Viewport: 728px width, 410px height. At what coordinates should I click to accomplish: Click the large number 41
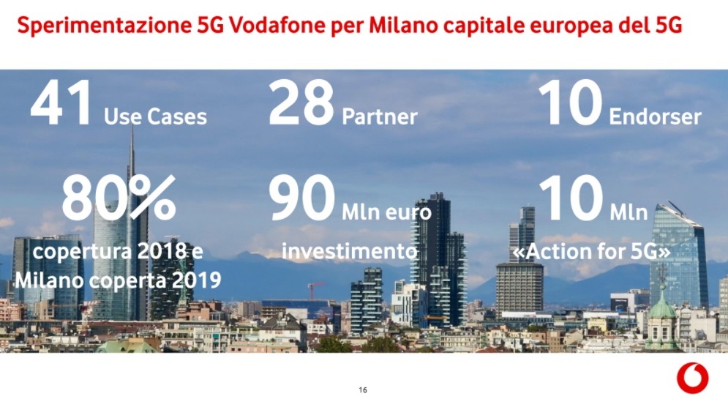(61, 102)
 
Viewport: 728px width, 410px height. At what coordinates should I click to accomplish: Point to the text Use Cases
(156, 116)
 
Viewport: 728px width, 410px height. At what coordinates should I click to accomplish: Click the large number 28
(301, 102)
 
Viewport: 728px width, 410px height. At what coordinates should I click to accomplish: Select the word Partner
(379, 117)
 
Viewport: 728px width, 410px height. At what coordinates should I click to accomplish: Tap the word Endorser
(655, 116)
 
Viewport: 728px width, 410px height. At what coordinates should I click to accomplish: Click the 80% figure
(119, 198)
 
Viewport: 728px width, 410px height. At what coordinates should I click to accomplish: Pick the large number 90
(301, 198)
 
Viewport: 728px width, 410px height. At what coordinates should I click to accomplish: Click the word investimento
(350, 251)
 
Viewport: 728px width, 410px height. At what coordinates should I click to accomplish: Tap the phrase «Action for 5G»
(591, 251)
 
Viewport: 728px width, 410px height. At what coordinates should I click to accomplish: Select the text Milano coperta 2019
(118, 280)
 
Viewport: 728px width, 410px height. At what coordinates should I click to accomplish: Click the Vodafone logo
(692, 378)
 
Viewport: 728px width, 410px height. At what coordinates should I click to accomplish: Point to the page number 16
(363, 389)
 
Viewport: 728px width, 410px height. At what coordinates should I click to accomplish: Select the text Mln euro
(386, 213)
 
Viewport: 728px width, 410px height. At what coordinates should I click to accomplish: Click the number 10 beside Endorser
(570, 102)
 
